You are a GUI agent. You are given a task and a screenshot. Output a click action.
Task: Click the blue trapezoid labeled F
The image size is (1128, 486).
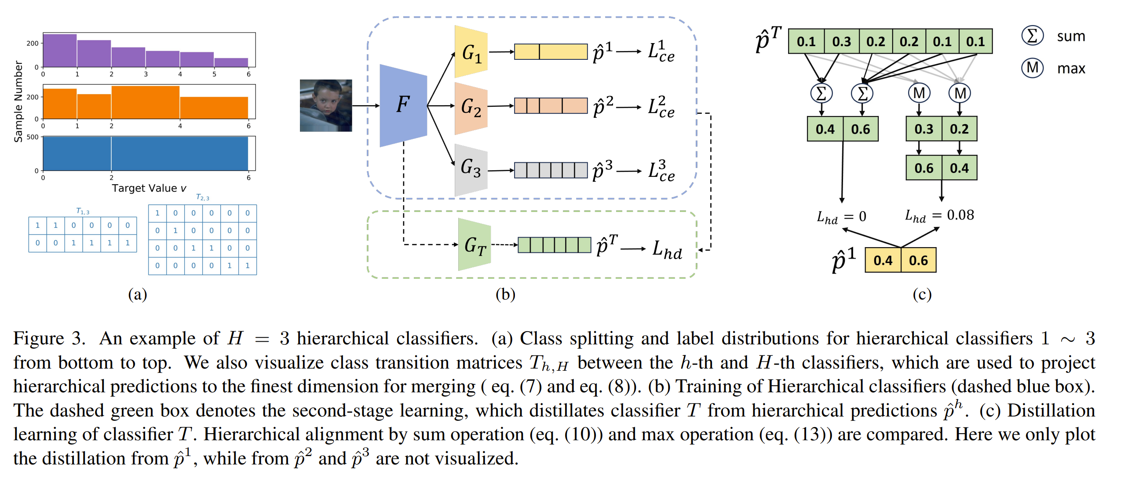tap(403, 105)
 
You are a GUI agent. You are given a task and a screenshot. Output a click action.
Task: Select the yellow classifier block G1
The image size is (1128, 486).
tap(471, 52)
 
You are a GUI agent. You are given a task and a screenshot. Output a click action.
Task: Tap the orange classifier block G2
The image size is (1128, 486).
tap(471, 107)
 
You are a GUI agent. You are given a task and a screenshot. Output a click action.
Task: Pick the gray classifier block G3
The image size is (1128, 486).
tap(471, 169)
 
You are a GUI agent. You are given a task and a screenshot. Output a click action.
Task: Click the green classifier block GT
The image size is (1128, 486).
tap(475, 245)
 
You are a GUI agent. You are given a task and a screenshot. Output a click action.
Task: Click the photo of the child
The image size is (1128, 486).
tap(325, 106)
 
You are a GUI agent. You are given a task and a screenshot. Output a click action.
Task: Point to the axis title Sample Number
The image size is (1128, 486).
tap(18, 101)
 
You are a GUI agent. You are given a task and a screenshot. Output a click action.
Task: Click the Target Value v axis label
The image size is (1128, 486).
tap(149, 188)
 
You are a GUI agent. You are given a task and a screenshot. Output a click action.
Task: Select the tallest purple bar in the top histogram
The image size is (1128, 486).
tap(60, 50)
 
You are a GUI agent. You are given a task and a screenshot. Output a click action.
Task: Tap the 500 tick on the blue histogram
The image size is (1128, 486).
tap(33, 137)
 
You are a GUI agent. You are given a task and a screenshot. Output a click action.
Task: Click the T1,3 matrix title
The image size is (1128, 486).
tap(83, 212)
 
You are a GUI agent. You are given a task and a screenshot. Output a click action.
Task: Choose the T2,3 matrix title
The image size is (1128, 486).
tap(202, 197)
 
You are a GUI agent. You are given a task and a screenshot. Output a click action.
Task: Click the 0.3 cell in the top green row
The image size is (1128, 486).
tap(841, 41)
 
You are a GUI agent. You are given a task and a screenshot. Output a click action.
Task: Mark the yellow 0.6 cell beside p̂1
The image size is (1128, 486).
tap(918, 260)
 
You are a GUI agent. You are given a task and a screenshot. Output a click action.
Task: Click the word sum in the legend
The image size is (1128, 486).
tap(1071, 36)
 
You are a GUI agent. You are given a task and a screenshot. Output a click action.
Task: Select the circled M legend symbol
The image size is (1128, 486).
tap(1032, 68)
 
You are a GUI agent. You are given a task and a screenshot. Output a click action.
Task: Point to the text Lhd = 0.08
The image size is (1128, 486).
tap(939, 216)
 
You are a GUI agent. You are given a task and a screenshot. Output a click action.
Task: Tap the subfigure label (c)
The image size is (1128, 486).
tap(922, 294)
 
